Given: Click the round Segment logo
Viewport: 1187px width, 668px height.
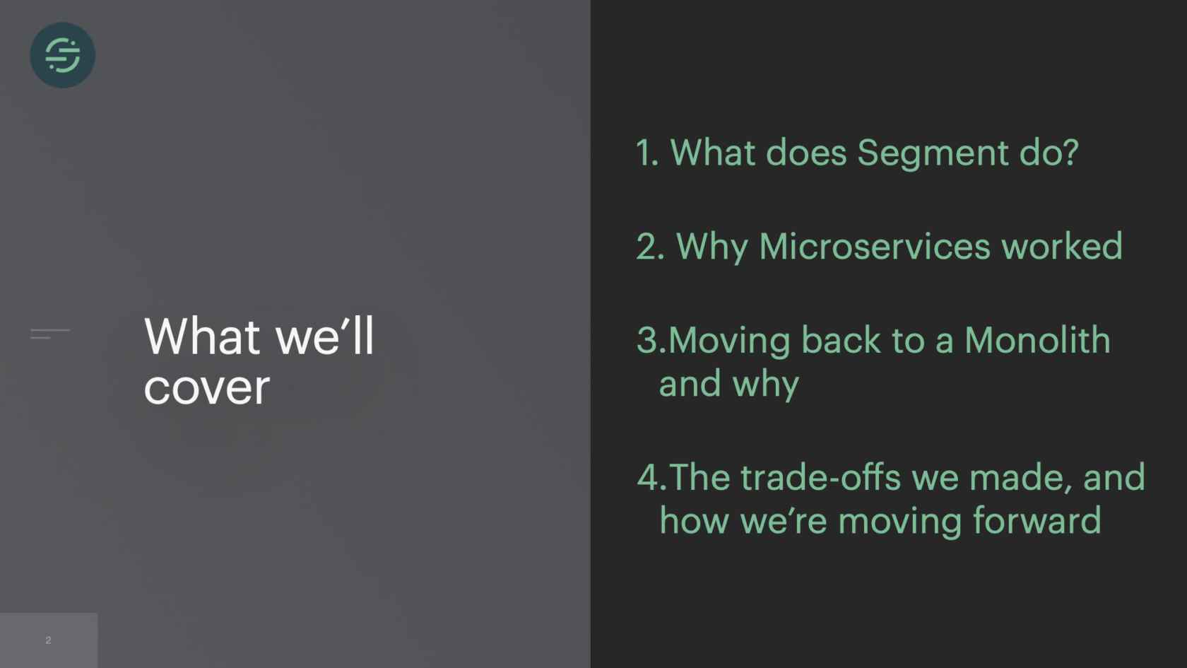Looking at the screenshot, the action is [62, 55].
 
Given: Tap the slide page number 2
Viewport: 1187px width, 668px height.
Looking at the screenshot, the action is [48, 640].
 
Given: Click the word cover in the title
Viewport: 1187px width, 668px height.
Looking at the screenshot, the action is [206, 389].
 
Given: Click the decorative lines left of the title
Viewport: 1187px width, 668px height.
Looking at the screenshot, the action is [50, 334].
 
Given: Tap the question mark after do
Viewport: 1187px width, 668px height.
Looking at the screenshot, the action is [1070, 153].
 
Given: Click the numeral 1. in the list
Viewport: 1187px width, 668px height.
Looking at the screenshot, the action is [647, 153].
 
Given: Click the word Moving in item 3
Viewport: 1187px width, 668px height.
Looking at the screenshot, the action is [729, 341].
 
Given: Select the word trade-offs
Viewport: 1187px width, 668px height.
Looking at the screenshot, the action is [820, 477].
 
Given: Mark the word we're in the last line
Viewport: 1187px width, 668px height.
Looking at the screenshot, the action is [784, 520].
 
